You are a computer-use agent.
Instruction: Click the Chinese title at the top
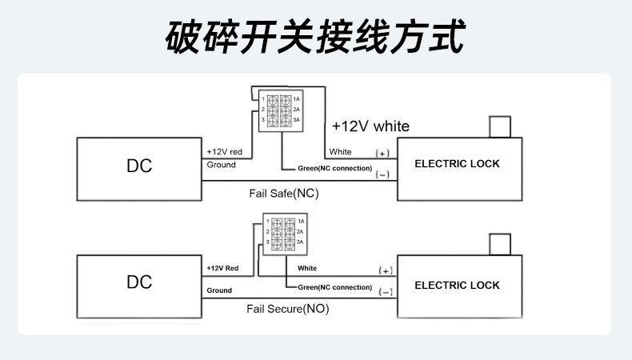(x=315, y=37)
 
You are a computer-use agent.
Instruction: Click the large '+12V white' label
(x=370, y=126)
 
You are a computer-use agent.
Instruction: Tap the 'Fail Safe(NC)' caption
(x=284, y=194)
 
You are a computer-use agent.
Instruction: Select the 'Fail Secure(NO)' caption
(x=288, y=309)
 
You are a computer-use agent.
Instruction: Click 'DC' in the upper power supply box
(x=139, y=166)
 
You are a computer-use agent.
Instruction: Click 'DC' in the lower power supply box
(x=139, y=282)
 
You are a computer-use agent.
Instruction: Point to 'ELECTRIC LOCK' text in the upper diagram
(x=457, y=164)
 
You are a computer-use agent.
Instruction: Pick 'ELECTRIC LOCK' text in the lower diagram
(x=457, y=285)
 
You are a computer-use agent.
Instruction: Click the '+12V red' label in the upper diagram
(x=225, y=151)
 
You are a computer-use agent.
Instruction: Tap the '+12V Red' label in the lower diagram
(x=222, y=268)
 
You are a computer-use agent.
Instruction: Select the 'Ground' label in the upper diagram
(x=222, y=165)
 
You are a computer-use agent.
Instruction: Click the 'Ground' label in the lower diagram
(x=219, y=290)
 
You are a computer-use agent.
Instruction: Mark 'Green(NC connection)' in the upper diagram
(x=335, y=168)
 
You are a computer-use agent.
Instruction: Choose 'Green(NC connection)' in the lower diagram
(x=335, y=287)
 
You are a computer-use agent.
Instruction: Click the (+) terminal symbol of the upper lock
(x=382, y=153)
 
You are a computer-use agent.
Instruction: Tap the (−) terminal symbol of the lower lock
(x=386, y=292)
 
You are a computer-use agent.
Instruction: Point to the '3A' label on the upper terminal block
(x=296, y=120)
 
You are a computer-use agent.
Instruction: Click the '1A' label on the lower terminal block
(x=301, y=222)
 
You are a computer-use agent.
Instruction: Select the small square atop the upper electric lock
(x=500, y=127)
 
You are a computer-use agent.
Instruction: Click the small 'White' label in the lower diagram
(x=307, y=268)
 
